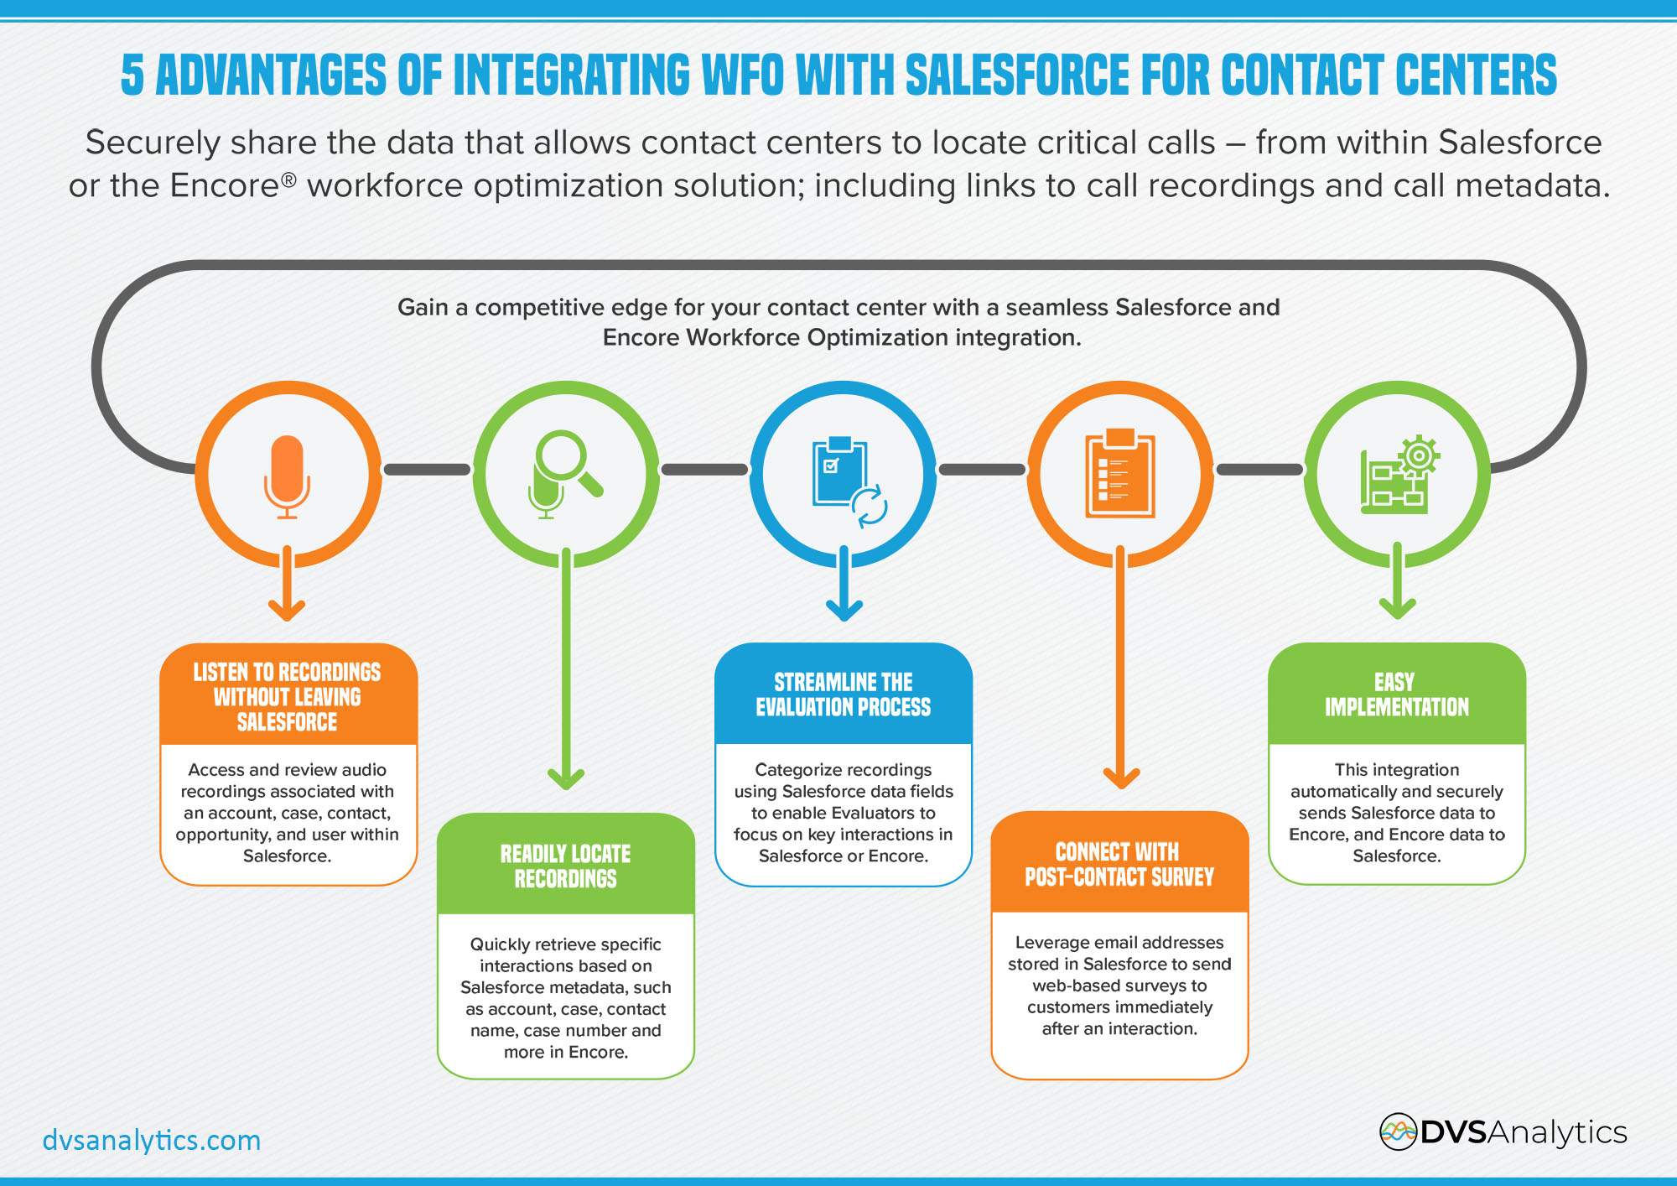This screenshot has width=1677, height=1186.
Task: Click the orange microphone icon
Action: pyautogui.click(x=287, y=476)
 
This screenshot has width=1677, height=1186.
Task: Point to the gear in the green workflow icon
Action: pyautogui.click(x=1419, y=456)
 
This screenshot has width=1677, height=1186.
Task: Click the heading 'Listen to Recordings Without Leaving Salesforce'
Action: pyautogui.click(x=287, y=697)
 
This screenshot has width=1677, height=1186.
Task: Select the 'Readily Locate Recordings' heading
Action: pyautogui.click(x=566, y=866)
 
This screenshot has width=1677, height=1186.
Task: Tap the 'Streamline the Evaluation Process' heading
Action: pyautogui.click(x=844, y=694)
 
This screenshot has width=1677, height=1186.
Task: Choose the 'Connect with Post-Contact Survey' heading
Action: pyautogui.click(x=1119, y=865)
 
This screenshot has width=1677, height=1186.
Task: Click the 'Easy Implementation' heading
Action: pyautogui.click(x=1397, y=694)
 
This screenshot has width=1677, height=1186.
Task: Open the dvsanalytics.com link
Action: pyautogui.click(x=152, y=1141)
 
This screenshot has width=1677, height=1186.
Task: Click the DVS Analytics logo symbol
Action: pyautogui.click(x=1398, y=1132)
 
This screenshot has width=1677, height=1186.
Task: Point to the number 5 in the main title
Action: pyautogui.click(x=132, y=75)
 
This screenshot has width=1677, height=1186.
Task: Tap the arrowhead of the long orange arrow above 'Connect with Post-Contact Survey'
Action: pyautogui.click(x=1120, y=778)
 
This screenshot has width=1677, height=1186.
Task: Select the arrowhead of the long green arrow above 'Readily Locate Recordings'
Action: pyautogui.click(x=566, y=779)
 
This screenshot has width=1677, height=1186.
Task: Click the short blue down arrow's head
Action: pyautogui.click(x=844, y=610)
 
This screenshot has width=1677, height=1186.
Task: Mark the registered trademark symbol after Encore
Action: pyautogui.click(x=288, y=179)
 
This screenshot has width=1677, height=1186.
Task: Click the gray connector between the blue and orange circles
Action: pyautogui.click(x=982, y=470)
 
